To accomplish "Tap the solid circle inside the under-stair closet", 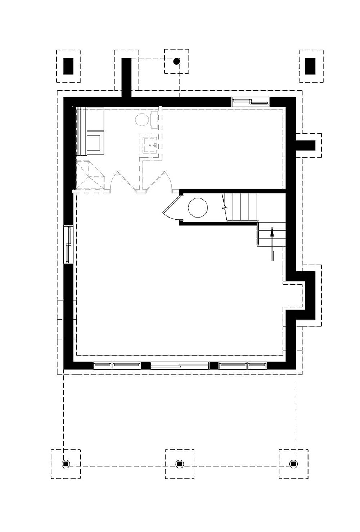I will click(198, 208).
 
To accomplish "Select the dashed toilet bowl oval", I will click(141, 119).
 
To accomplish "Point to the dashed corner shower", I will click(90, 175).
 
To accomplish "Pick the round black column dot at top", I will click(176, 62).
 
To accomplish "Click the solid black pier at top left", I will click(68, 66).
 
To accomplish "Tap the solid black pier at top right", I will click(310, 66).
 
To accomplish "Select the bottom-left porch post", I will click(66, 464).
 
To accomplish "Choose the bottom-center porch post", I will click(180, 464).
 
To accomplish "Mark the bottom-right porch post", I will click(293, 464).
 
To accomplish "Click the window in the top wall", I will click(251, 102).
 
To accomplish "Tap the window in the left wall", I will click(68, 244).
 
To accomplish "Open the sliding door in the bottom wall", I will click(180, 366).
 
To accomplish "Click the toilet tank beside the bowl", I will click(154, 119).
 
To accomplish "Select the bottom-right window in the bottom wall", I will click(243, 366).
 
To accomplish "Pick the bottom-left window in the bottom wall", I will click(117, 366).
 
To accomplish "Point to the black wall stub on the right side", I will click(306, 146).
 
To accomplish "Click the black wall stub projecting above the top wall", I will click(126, 77).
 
